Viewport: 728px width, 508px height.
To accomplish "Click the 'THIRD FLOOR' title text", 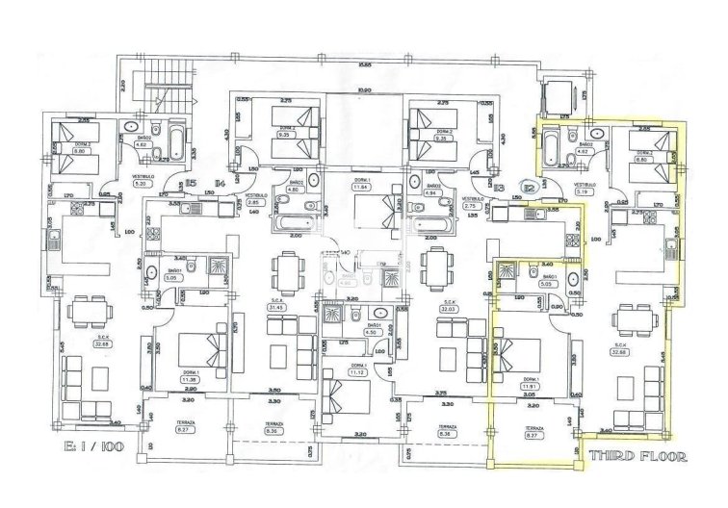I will pos(637,456).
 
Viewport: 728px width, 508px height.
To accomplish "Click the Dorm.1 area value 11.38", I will pos(190,379).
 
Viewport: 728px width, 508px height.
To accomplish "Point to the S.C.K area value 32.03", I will pos(448,309).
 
